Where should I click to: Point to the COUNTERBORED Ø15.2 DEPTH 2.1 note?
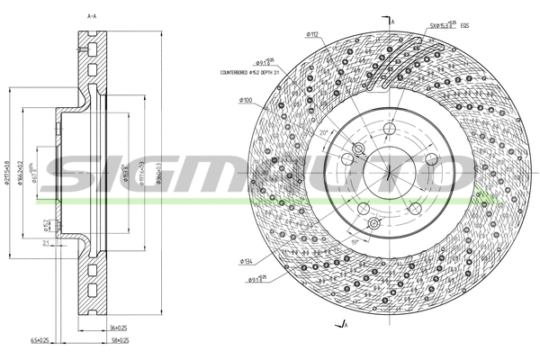(252, 74)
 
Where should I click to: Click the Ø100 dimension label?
(246, 101)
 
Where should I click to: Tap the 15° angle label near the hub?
(355, 241)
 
